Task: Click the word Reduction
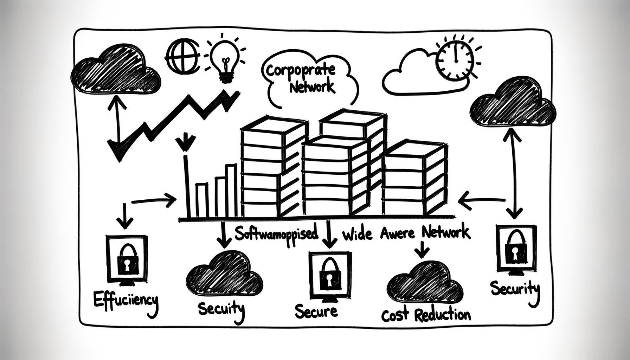pyautogui.click(x=442, y=315)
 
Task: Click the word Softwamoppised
pyautogui.click(x=276, y=234)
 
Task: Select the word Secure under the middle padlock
pyautogui.click(x=316, y=311)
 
